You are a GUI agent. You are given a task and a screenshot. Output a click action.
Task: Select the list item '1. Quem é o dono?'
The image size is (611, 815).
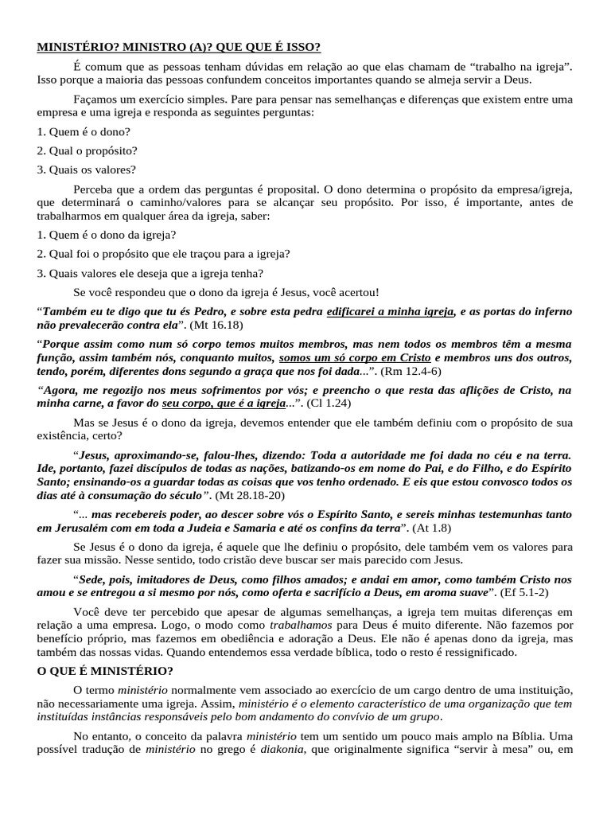click(x=84, y=131)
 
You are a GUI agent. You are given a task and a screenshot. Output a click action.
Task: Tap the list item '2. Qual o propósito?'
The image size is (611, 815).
click(x=87, y=150)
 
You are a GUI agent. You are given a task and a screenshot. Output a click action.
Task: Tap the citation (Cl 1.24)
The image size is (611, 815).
click(x=324, y=403)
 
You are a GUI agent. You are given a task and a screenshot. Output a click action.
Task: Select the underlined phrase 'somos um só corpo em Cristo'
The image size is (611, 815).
click(x=355, y=357)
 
